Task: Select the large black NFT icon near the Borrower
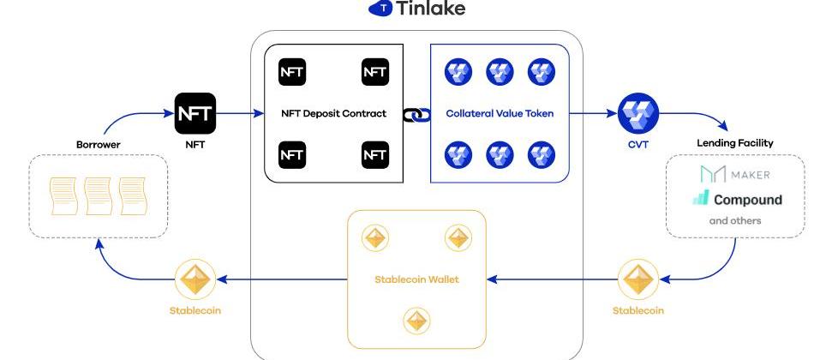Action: coord(195,113)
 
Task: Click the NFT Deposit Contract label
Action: coord(333,113)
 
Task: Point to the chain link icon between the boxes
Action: coord(416,113)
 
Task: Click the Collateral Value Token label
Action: coord(500,113)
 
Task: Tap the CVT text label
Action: coord(637,145)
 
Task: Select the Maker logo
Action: coord(734,175)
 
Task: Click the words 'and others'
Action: coord(734,220)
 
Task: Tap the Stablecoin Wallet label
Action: coord(416,279)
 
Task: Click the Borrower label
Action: coord(98,145)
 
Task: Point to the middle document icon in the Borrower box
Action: coord(98,196)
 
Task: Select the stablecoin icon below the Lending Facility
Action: coord(637,279)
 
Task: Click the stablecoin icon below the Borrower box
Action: coord(195,279)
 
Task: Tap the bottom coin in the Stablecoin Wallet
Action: coord(416,321)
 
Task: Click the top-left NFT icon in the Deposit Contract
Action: coord(292,72)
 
